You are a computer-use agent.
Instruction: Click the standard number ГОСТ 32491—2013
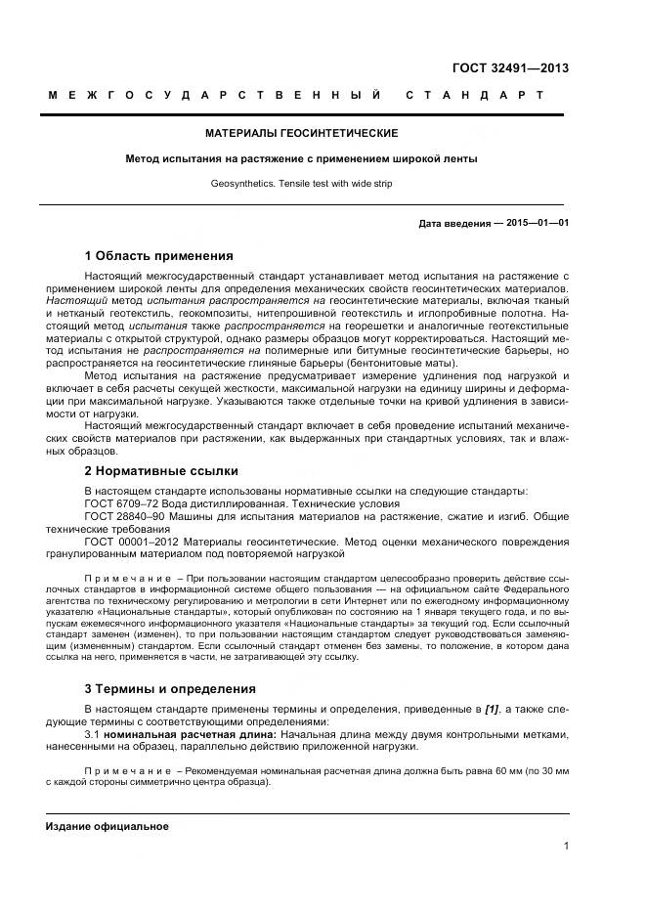(x=510, y=68)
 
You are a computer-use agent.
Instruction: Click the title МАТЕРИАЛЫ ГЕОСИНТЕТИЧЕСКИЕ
(x=300, y=133)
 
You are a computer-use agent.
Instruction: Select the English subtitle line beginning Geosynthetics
(x=300, y=183)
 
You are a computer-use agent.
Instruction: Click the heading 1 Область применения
(x=158, y=257)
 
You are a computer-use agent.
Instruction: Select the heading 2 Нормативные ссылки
(x=161, y=470)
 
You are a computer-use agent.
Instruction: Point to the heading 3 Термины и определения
(x=170, y=688)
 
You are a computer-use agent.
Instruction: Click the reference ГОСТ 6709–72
(x=121, y=502)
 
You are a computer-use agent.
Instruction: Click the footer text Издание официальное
(x=107, y=826)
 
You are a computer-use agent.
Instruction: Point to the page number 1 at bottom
(x=566, y=847)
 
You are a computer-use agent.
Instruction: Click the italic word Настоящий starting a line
(x=76, y=302)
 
